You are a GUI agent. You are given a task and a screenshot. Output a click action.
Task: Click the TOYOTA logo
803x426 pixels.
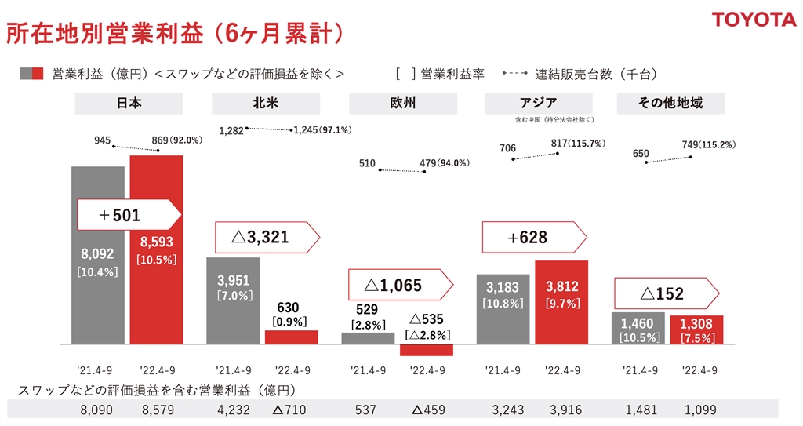tap(754, 19)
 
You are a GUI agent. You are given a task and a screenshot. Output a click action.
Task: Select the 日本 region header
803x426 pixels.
tap(129, 104)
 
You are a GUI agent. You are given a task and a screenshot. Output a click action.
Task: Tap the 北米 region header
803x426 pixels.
tap(265, 104)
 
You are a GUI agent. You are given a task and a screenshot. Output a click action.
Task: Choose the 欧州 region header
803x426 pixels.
tap(401, 104)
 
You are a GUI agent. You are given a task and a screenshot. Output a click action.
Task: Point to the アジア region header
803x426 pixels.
tap(538, 103)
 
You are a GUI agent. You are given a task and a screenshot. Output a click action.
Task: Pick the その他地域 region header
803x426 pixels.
tap(670, 104)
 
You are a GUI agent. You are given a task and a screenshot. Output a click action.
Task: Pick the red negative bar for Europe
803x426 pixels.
tap(427, 350)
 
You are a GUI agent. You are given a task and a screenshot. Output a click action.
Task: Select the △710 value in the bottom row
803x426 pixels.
tap(288, 409)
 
